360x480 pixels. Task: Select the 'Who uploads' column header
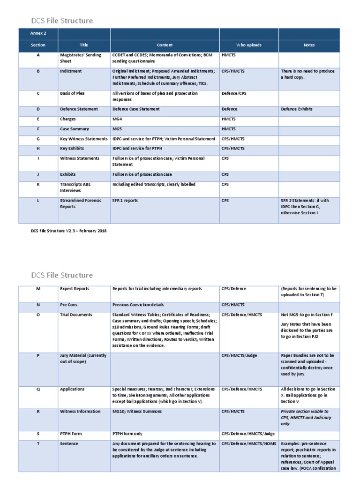[248, 45]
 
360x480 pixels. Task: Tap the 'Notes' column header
[308, 45]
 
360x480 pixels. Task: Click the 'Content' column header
[165, 45]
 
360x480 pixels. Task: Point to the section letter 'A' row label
[38, 55]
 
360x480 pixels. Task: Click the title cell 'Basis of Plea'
[72, 94]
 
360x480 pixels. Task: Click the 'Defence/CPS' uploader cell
[233, 94]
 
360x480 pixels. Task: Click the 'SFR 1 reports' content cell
[125, 201]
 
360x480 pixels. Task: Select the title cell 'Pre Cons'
[68, 305]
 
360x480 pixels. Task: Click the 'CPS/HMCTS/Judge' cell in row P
[239, 356]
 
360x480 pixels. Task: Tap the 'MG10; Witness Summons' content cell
[137, 412]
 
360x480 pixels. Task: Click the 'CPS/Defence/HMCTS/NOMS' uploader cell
[248, 443]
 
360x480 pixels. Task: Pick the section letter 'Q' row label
[38, 389]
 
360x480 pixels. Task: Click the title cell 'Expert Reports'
[74, 289]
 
